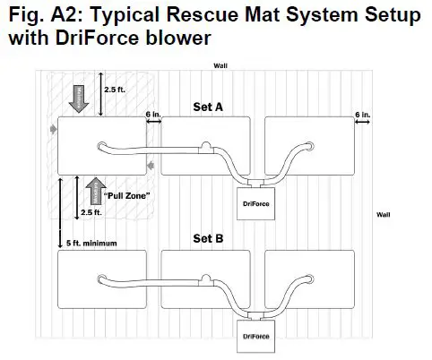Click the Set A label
[x=208, y=106]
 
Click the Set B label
[x=208, y=239]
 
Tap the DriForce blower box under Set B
[x=257, y=337]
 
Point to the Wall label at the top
[x=220, y=65]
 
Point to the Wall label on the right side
[x=383, y=215]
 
